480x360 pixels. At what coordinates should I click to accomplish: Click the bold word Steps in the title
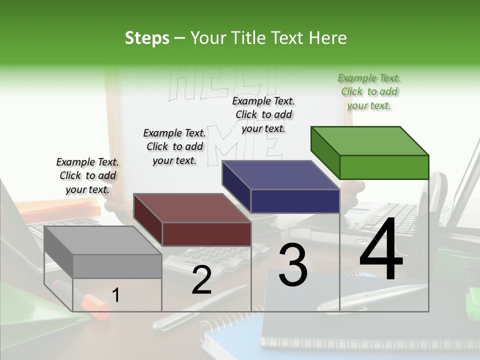coord(147,38)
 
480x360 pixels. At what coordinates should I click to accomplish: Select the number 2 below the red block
coord(201,280)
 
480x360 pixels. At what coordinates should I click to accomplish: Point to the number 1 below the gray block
coord(115,295)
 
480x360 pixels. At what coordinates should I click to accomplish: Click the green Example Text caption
coord(369,91)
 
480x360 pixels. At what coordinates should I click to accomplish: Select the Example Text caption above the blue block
coord(263,114)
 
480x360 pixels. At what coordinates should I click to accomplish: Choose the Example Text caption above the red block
coord(174,146)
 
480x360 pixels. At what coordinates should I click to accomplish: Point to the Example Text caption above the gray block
coord(87,175)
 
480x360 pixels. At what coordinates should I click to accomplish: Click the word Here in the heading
coord(329,38)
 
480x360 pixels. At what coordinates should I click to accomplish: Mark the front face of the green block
coord(384,167)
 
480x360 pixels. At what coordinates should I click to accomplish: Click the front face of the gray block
coord(117,266)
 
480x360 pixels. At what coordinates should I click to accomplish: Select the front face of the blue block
coord(295,201)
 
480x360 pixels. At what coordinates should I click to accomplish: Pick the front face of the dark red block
coord(206,234)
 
